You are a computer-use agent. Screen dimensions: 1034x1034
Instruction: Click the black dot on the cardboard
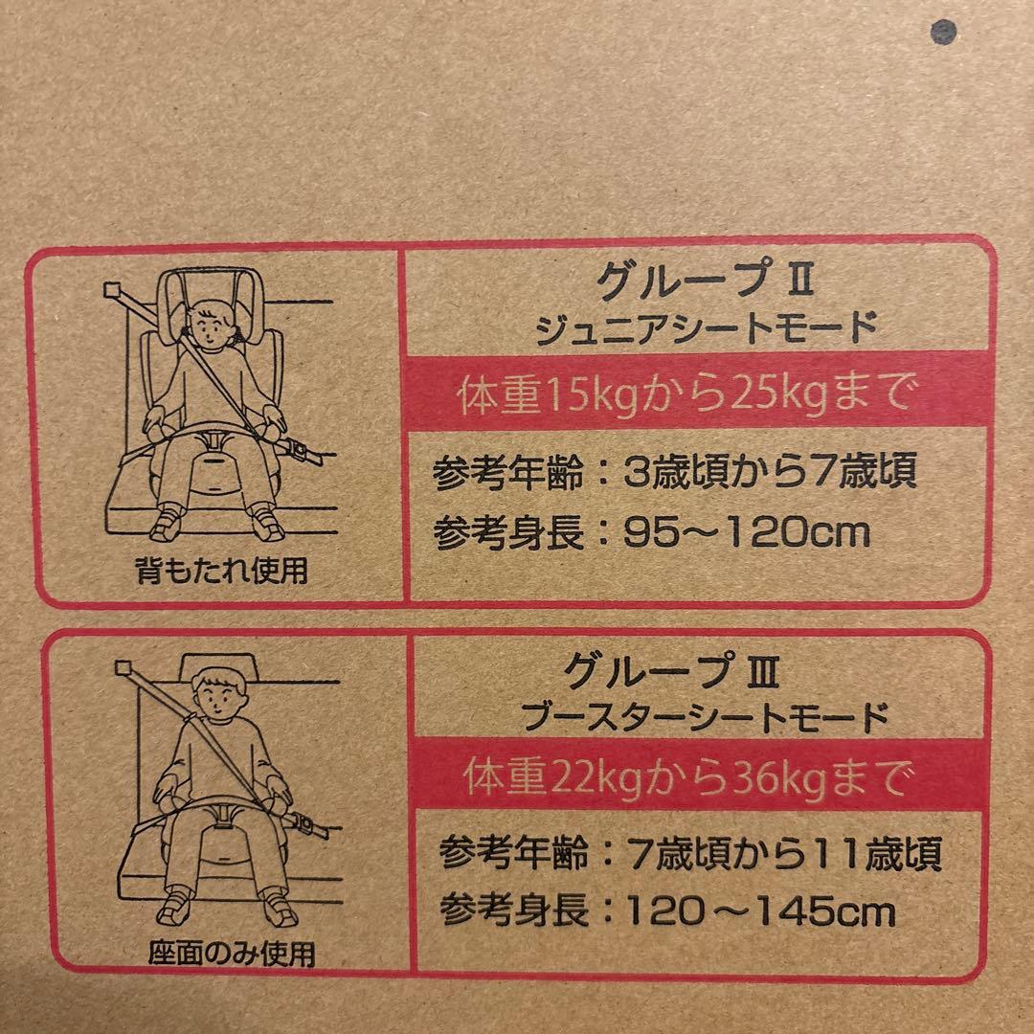point(943,32)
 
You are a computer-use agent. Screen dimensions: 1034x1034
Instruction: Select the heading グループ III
point(672,670)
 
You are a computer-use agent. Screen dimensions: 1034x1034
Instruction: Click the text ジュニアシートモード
point(706,327)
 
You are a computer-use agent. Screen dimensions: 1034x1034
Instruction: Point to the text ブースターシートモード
point(705,717)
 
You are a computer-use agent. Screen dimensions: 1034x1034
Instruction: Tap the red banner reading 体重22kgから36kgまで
point(698,775)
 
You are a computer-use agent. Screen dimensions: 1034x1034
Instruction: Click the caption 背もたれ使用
point(221,571)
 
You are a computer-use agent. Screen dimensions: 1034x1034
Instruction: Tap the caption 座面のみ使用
point(232,953)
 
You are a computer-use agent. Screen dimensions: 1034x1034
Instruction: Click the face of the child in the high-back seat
point(210,326)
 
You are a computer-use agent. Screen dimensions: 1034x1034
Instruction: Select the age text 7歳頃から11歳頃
point(785,853)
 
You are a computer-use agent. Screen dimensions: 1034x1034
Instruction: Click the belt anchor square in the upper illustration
point(114,289)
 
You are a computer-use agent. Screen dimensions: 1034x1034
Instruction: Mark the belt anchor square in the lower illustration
point(124,668)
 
